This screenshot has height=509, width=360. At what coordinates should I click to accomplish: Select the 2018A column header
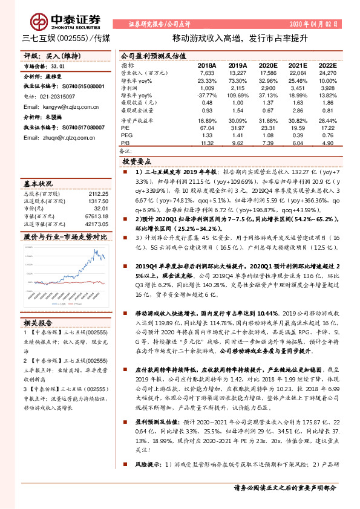coord(206,65)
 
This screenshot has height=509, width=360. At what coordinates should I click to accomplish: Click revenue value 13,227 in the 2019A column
coord(237,73)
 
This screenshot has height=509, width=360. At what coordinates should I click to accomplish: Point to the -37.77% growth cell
coord(207,96)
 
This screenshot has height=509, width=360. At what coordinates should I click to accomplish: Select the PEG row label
coord(127,135)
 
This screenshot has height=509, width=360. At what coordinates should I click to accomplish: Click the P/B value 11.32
coord(207,143)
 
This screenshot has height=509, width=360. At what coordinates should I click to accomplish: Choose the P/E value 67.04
coord(207,128)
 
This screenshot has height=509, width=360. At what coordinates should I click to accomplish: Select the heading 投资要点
coord(137,162)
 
